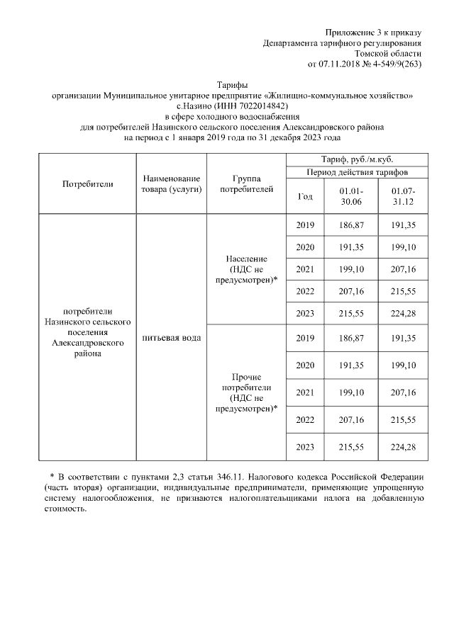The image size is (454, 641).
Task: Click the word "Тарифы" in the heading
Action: [x=233, y=84]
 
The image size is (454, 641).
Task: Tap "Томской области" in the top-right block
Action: [x=388, y=54]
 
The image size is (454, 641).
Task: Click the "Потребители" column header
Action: [x=88, y=184]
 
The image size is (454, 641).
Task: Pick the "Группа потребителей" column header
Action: [x=245, y=184]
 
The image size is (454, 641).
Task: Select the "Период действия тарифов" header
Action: [x=356, y=172]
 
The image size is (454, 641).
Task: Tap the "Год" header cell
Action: [x=304, y=197]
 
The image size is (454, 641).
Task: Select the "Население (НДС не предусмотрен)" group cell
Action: [x=245, y=269]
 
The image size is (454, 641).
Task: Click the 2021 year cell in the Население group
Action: [x=304, y=269]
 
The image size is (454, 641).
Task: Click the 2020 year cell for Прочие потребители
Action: [x=304, y=365]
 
